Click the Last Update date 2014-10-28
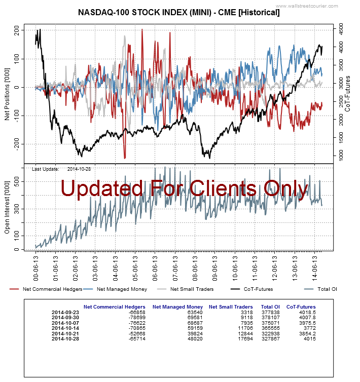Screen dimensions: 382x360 pos(82,169)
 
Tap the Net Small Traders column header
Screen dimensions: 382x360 pos(231,307)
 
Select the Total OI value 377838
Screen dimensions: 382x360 pos(270,312)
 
